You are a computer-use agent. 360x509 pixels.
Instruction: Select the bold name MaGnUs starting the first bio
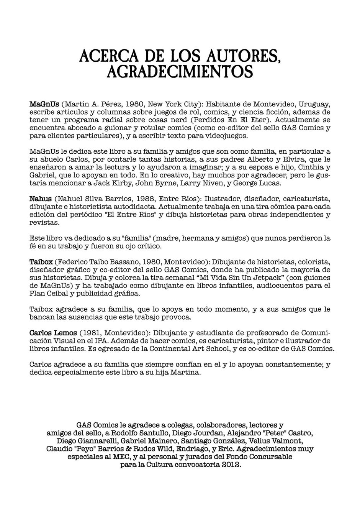click(x=44, y=104)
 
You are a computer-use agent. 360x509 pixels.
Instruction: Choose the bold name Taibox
click(x=41, y=262)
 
